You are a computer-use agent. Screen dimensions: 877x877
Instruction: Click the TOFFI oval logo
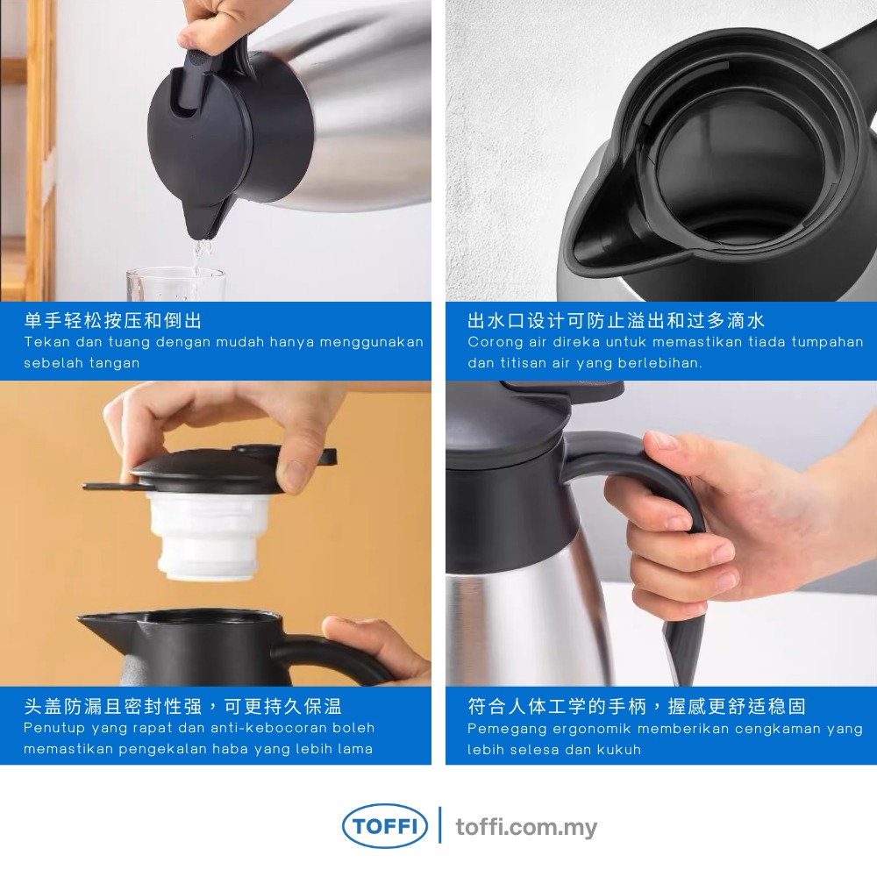385,825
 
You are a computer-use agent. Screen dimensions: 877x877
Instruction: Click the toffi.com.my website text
526,827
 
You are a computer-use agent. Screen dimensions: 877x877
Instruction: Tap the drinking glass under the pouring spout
176,284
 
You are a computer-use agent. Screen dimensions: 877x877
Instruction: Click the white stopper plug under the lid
208,535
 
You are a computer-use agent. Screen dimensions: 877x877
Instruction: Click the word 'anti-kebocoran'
268,728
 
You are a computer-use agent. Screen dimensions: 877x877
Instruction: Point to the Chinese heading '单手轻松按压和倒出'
113,320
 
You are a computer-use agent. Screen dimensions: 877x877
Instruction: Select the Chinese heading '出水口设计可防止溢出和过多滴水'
616,320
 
